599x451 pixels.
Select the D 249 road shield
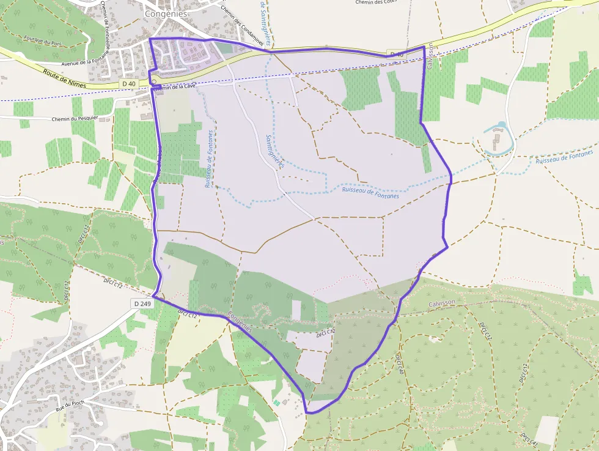coord(141,304)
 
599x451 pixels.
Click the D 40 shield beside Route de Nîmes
coord(128,83)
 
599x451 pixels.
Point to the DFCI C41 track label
coord(529,439)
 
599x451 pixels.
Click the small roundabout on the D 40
coord(154,81)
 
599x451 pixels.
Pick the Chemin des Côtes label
coord(375,2)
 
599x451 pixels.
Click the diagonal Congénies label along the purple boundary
coord(240,322)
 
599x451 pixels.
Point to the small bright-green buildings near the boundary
coord(278,402)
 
